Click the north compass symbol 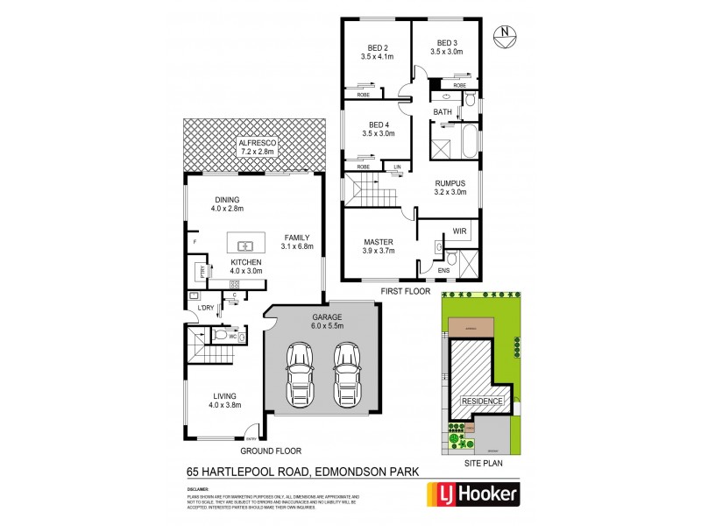click(x=504, y=35)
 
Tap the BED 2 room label click(x=373, y=44)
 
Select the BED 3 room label click(x=447, y=43)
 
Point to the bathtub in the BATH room click(x=468, y=141)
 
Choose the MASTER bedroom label click(x=379, y=241)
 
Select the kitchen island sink click(x=244, y=245)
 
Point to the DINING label click(x=226, y=199)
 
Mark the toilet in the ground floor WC click(x=219, y=335)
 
